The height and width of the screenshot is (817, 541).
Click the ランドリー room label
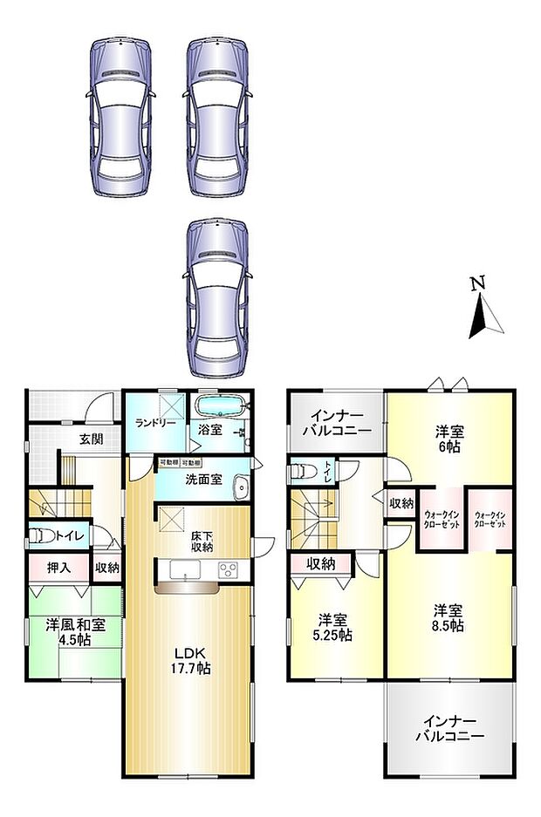coord(156,424)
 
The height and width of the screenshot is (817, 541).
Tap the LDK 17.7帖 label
coord(188,661)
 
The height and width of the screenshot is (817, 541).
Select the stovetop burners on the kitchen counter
coord(229,570)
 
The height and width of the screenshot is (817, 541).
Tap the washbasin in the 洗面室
coord(242,487)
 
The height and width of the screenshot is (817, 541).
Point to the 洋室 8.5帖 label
coord(450,617)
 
